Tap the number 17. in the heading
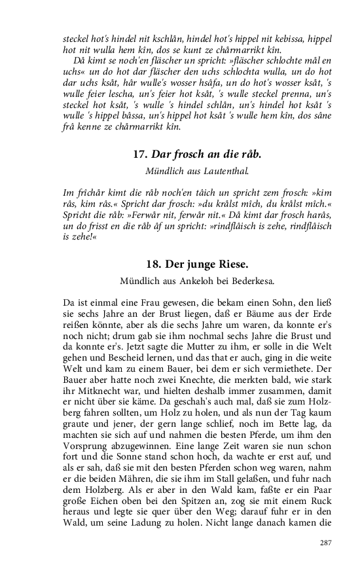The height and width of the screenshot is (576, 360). point(139,154)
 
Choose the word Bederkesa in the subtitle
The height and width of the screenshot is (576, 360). point(249,281)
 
